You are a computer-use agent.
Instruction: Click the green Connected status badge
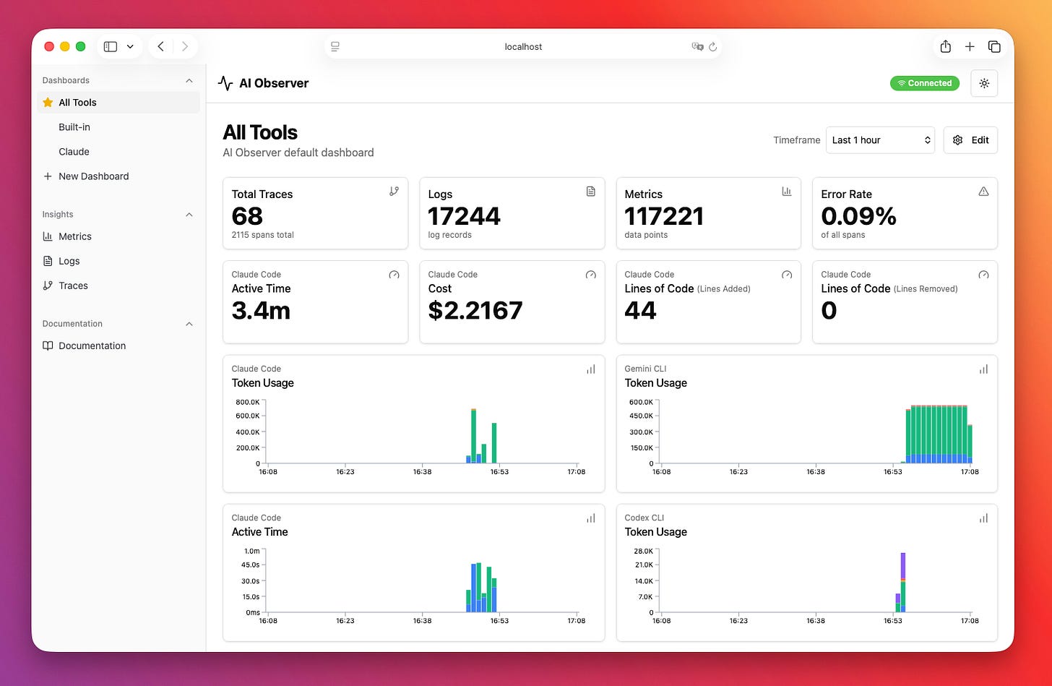924,83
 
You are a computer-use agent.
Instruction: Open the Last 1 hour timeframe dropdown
879,140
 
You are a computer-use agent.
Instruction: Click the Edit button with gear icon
970,140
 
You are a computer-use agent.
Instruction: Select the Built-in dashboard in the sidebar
74,127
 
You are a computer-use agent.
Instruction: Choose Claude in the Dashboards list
74,152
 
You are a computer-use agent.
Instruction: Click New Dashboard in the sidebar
93,176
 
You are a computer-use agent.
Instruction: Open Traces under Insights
73,286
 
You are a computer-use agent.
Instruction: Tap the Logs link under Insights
69,261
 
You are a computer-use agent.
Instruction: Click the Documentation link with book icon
92,346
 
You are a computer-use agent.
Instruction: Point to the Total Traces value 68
247,216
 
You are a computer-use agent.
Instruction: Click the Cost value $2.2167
475,311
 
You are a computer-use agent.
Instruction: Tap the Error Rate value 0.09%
858,216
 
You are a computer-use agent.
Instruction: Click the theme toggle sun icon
984,83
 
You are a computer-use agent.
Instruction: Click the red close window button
49,46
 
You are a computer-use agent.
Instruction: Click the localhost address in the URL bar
523,46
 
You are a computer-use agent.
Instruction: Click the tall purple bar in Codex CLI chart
903,565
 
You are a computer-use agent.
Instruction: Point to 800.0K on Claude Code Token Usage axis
247,402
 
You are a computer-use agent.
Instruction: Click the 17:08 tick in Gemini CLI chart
970,471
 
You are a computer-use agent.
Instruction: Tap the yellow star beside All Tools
48,103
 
